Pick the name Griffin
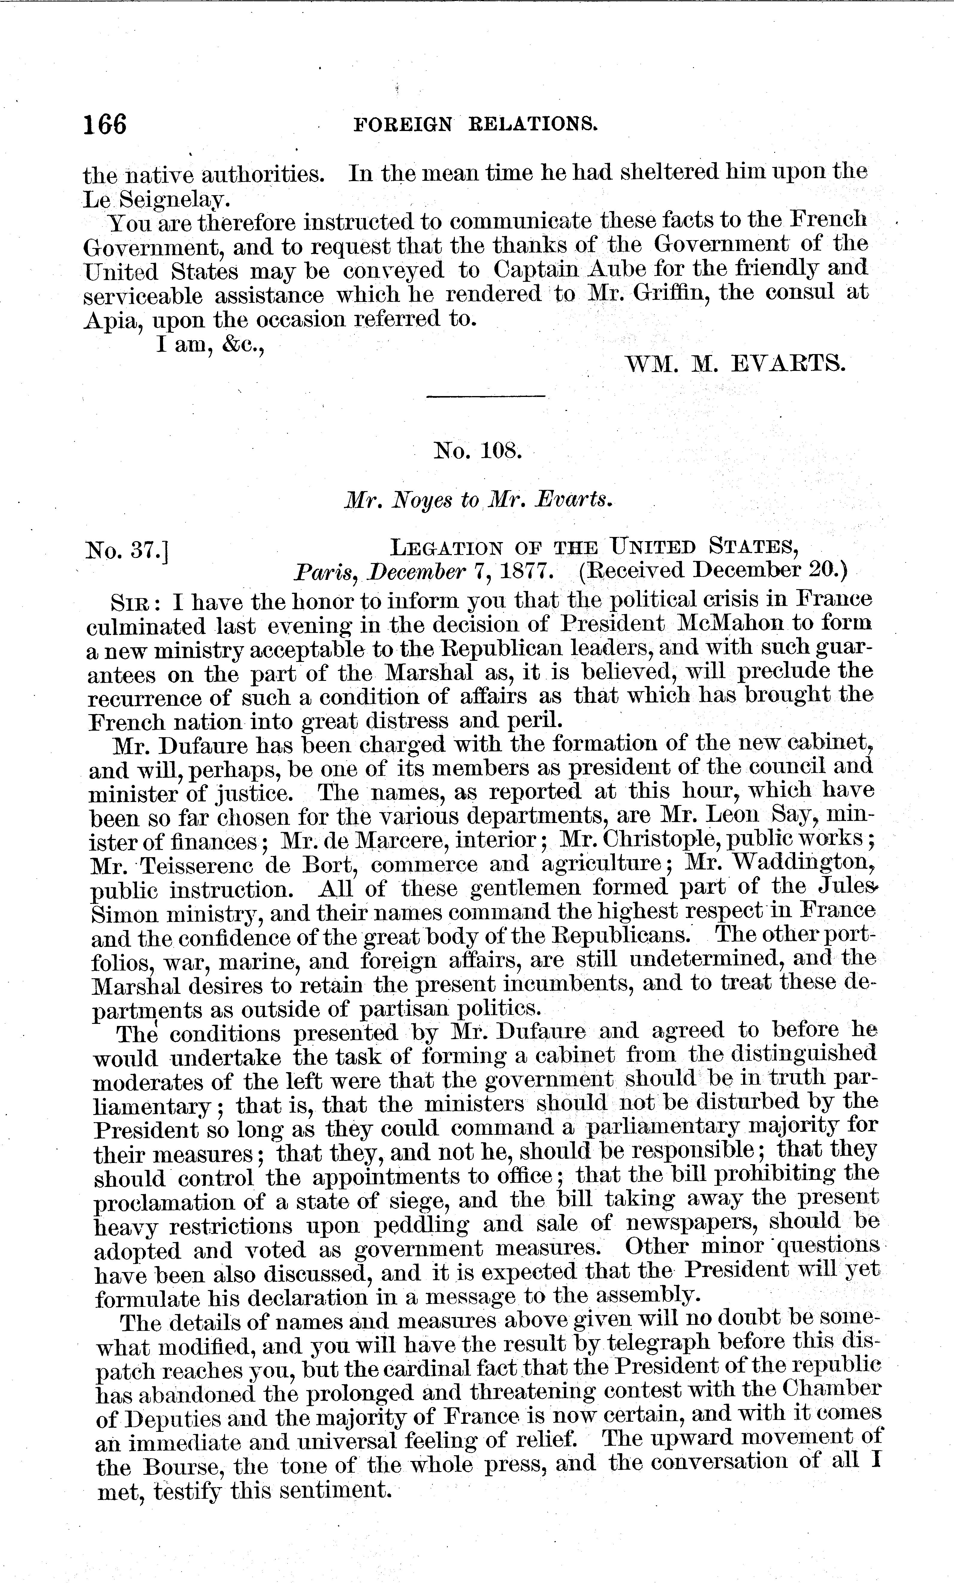[x=668, y=294]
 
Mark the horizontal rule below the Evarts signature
[x=486, y=396]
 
